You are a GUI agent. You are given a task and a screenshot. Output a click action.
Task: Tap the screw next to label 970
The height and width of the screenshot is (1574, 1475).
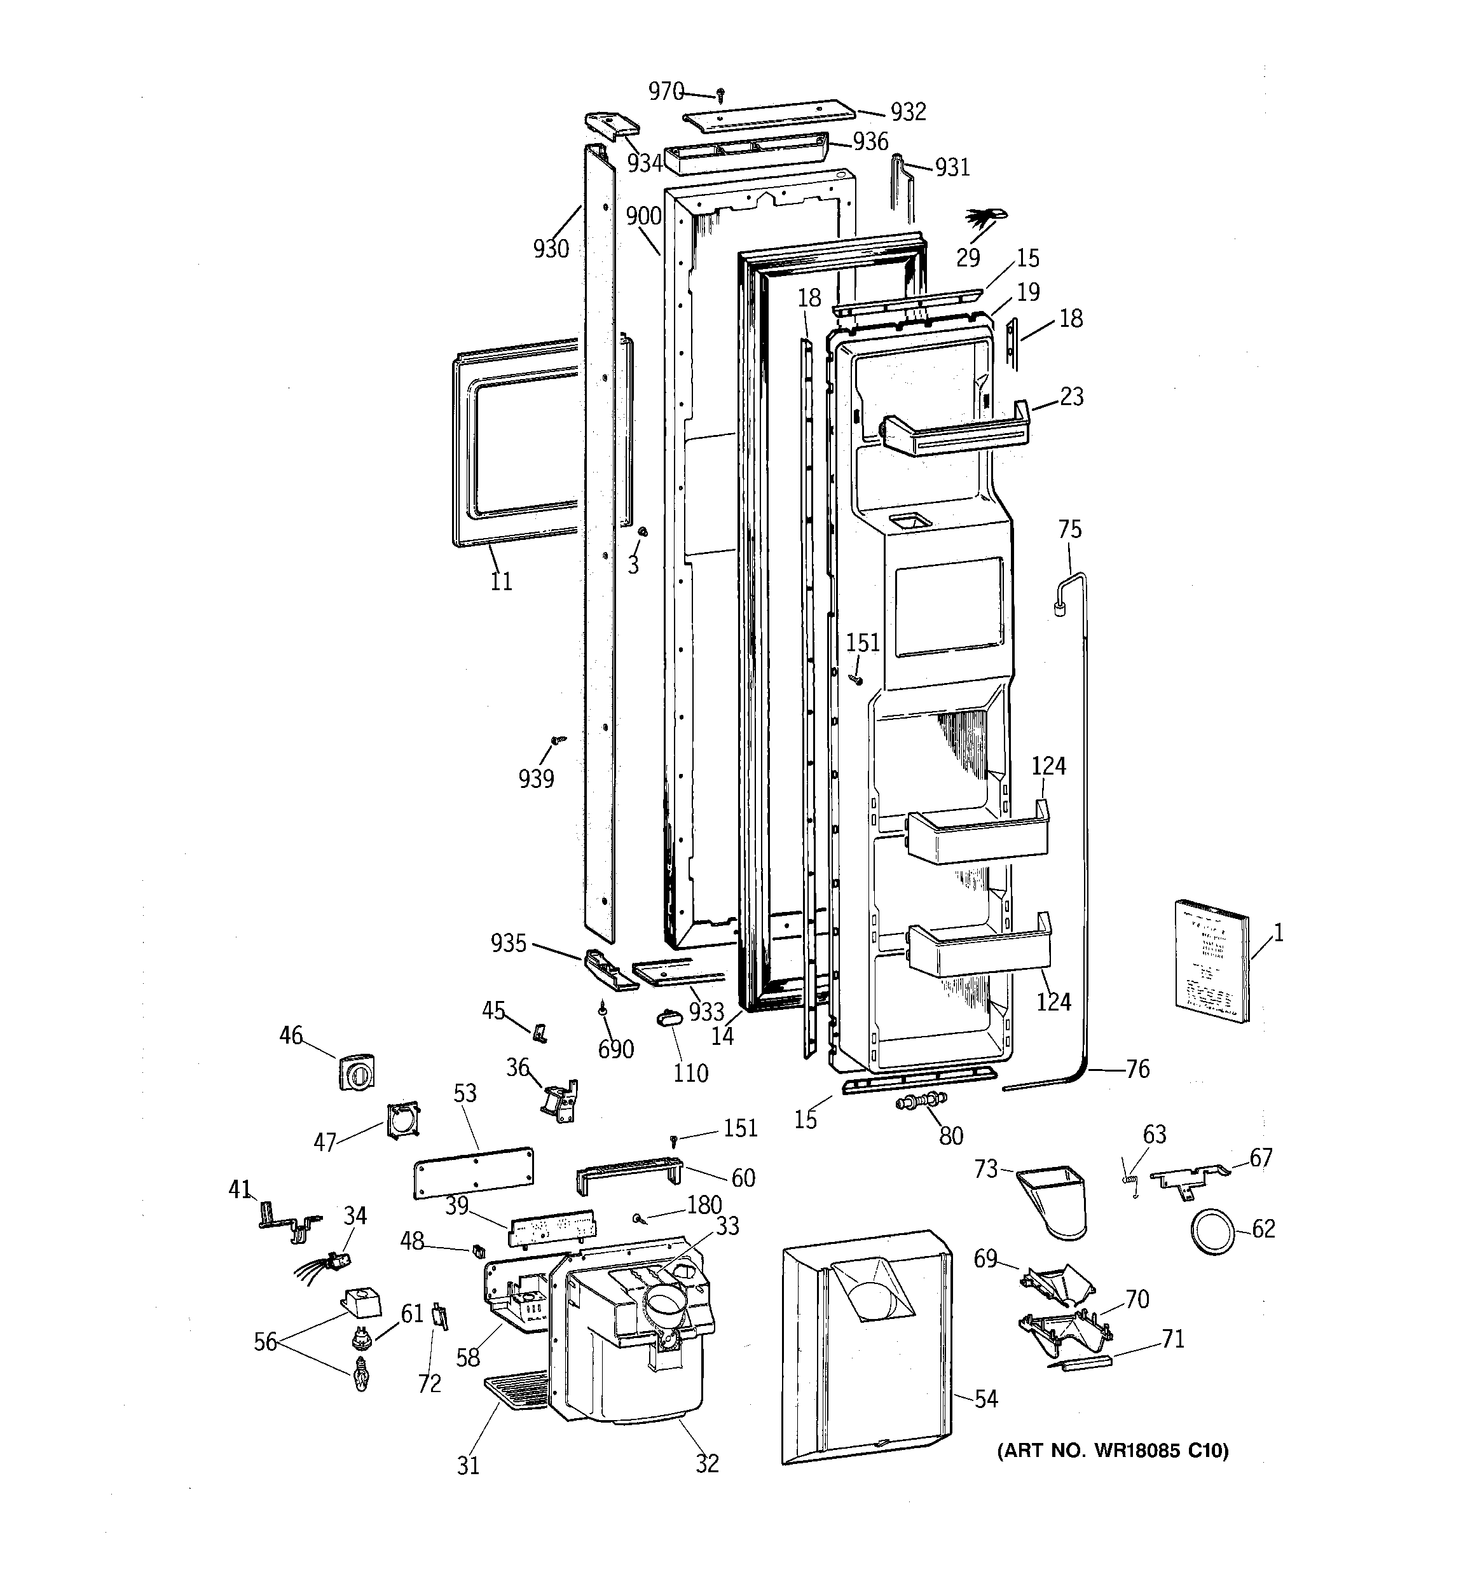720,96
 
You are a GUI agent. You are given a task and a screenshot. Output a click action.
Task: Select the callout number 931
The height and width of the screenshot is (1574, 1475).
952,167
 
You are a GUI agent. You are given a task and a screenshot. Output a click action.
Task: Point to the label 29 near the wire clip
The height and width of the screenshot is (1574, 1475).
968,258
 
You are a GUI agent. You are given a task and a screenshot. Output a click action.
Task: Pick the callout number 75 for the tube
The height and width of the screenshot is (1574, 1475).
1069,529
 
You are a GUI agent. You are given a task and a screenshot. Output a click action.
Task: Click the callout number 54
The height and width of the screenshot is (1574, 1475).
985,1399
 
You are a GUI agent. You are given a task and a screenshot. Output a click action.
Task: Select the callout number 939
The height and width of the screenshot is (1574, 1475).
536,778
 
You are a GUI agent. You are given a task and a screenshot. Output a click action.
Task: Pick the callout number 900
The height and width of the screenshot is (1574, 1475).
643,216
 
